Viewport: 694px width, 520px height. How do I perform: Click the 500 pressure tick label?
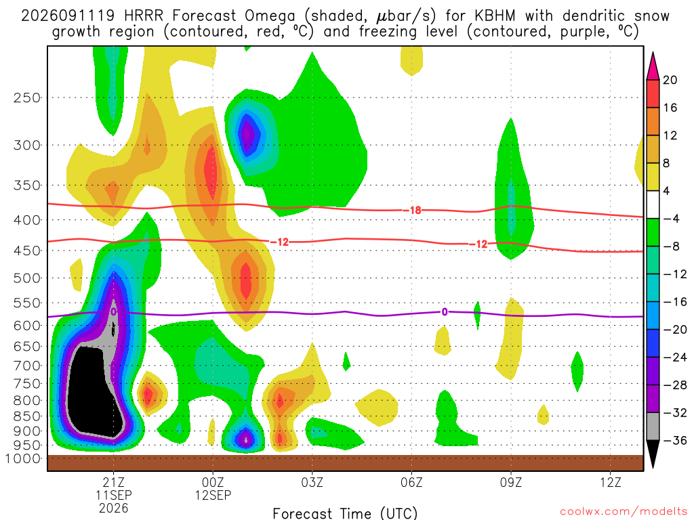pos(27,278)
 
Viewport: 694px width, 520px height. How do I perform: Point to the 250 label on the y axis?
pos(27,97)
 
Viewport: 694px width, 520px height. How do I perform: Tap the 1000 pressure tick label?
pos(23,459)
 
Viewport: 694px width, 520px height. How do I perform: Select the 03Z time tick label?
pos(312,482)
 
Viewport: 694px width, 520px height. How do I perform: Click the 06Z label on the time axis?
pos(411,482)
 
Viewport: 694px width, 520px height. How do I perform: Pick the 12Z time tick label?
pos(611,482)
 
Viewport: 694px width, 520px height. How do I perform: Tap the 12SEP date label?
pos(213,495)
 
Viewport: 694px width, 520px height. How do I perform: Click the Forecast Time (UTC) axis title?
pos(345,513)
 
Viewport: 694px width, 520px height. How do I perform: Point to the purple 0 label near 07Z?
pos(445,312)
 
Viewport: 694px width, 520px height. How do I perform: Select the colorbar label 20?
pos(670,80)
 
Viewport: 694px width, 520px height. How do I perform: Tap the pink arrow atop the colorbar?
pos(653,67)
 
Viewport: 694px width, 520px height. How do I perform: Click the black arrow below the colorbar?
pos(653,454)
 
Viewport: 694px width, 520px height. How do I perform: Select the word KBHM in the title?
pos(495,16)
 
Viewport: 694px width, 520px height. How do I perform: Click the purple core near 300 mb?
pos(247,134)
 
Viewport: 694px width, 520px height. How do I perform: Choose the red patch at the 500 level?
pos(246,281)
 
